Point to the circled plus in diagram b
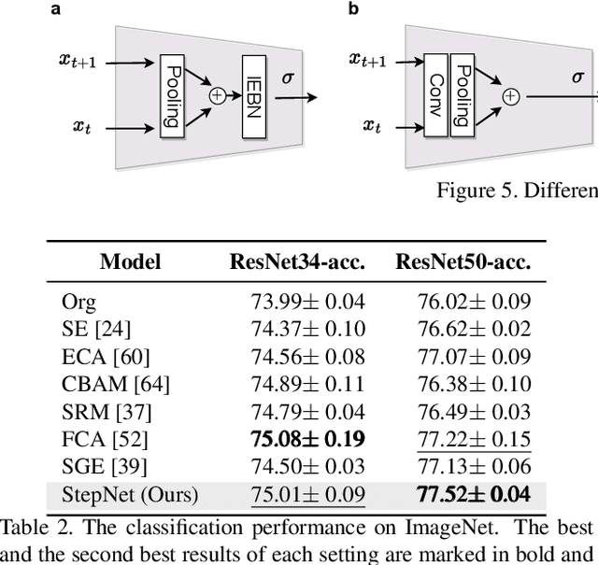coord(510,95)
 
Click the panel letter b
coord(353,9)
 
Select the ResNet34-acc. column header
coord(297,262)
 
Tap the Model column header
coord(130,262)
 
